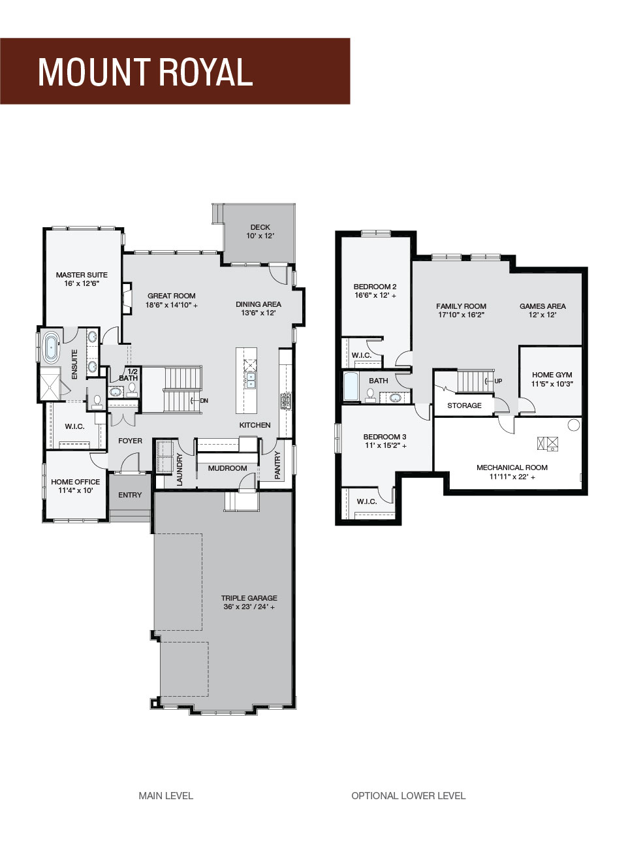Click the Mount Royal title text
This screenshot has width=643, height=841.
[145, 72]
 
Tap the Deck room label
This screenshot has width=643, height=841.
[260, 227]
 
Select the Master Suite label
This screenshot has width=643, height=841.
[82, 275]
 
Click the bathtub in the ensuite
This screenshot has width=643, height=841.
[51, 348]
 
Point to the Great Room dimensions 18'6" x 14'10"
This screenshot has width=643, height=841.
[172, 305]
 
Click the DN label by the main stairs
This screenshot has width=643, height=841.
[204, 401]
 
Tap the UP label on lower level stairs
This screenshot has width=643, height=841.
[498, 381]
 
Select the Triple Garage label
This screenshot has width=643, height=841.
[249, 597]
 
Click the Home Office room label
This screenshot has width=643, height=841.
[76, 482]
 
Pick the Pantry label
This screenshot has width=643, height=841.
[277, 465]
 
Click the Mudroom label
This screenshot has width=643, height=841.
[227, 468]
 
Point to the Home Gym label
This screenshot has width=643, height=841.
[552, 375]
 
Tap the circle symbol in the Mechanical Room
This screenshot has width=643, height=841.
[573, 425]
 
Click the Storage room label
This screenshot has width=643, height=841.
[464, 405]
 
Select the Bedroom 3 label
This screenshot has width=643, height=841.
[384, 437]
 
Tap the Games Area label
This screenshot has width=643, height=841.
[542, 306]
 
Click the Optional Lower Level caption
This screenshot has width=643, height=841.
[408, 796]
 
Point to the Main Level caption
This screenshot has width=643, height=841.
[166, 796]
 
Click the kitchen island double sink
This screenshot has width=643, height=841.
[251, 380]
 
